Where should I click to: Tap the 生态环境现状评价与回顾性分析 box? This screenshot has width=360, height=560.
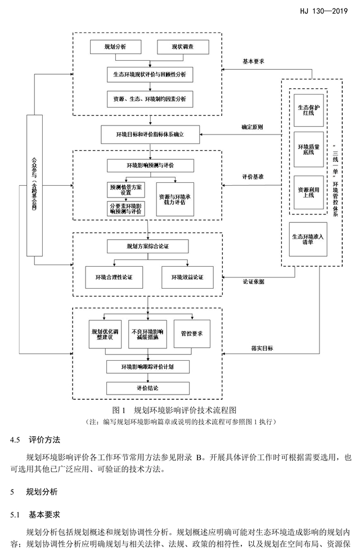coord(150,74)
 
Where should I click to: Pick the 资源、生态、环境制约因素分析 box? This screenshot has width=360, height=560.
coord(150,99)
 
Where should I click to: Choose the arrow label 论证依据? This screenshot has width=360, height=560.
coord(253,281)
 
